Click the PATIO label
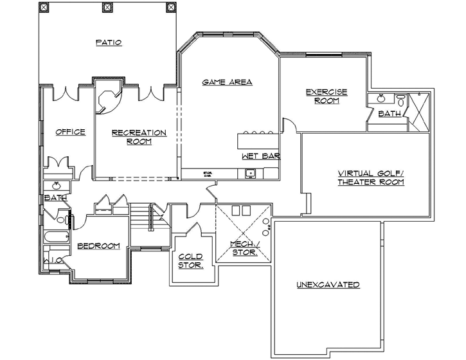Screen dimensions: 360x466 (x=109, y=42)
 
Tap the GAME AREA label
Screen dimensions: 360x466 (x=227, y=82)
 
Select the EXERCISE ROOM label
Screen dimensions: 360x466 (x=327, y=96)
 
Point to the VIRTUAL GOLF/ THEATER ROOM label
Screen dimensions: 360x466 (x=371, y=177)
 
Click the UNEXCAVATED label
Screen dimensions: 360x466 (x=327, y=284)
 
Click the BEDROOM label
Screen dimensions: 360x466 (x=98, y=246)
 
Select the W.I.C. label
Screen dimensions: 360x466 (x=53, y=260)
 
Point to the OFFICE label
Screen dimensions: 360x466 (x=71, y=132)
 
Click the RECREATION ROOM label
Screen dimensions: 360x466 (x=139, y=136)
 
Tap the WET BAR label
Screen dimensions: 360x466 (x=261, y=156)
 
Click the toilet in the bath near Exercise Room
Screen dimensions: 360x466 (x=400, y=100)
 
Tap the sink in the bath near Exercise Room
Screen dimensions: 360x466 (x=381, y=98)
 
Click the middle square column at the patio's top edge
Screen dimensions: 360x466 (x=106, y=7)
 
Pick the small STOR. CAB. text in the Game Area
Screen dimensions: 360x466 (x=208, y=173)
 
